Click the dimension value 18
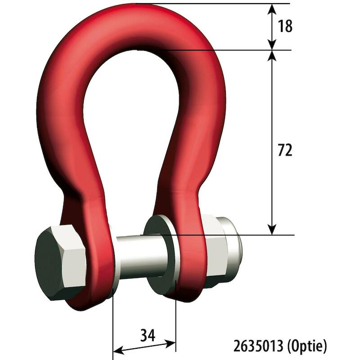(285, 26)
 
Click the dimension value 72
(285, 150)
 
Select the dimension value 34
(148, 335)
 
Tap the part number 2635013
(258, 346)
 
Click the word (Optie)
(307, 346)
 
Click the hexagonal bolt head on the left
(61, 262)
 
